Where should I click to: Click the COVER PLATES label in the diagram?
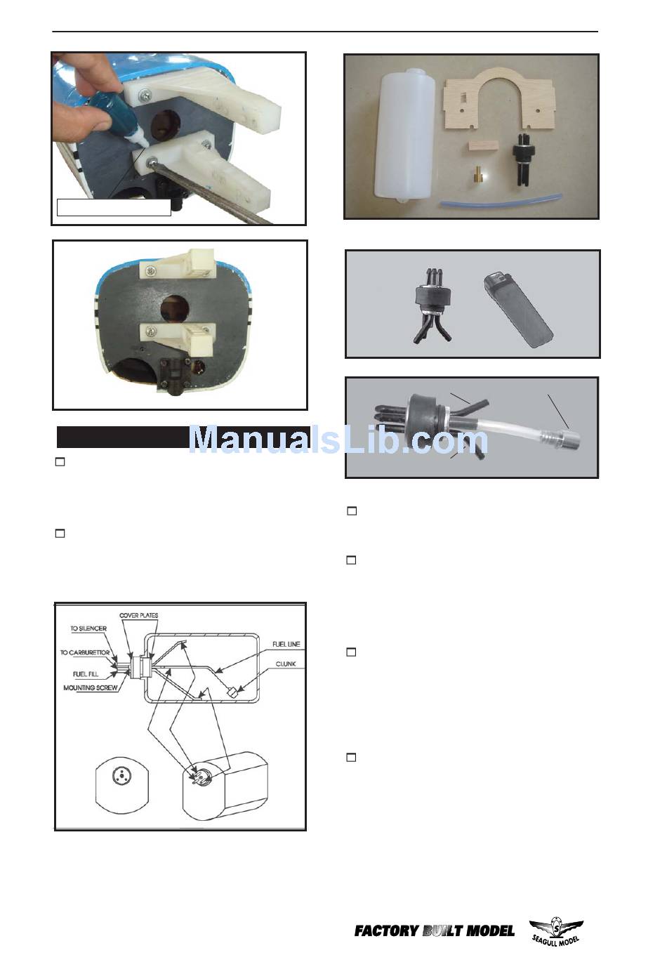tap(138, 615)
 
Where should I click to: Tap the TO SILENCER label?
tap(88, 628)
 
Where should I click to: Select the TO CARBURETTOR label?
tap(85, 652)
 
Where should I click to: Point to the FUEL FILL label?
tap(86, 673)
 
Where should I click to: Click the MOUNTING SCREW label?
tap(91, 687)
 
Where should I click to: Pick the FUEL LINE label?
tap(286, 644)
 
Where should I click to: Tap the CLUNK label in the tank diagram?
tap(286, 664)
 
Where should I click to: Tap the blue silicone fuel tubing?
tap(501, 202)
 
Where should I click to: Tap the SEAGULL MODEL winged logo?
tap(556, 932)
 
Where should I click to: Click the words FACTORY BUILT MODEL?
tap(435, 930)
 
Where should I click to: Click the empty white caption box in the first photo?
tap(114, 208)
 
